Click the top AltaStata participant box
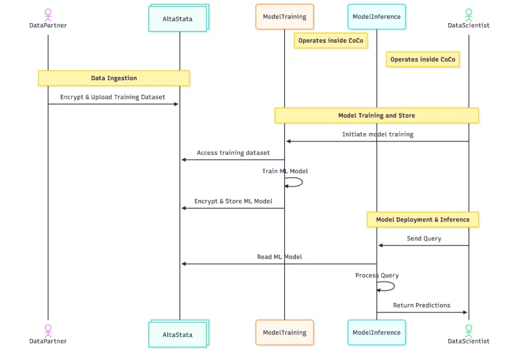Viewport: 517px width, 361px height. coord(178,19)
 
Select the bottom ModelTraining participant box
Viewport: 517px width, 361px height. coord(284,333)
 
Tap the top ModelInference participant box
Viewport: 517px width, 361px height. coord(377,17)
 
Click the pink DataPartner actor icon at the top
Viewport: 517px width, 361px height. coord(48,14)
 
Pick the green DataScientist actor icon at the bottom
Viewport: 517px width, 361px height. coord(469,329)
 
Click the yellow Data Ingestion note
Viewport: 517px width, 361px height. coord(114,78)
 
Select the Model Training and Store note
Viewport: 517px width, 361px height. coord(377,116)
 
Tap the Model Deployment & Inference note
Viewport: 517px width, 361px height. coord(423,220)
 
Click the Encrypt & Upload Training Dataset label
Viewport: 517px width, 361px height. coord(112,98)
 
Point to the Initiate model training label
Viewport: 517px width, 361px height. coord(377,134)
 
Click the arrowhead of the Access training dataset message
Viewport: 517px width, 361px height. coord(184,160)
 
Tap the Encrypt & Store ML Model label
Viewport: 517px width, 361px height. coord(233,201)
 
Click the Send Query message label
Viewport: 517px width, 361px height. coord(424,238)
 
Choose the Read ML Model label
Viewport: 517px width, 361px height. coord(279,257)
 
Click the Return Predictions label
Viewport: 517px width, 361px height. coord(421,305)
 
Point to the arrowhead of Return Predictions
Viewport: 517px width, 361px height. coord(464,313)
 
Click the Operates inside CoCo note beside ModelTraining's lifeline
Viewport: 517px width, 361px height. coord(331,41)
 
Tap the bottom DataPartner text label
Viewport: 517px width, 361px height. coord(48,341)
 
